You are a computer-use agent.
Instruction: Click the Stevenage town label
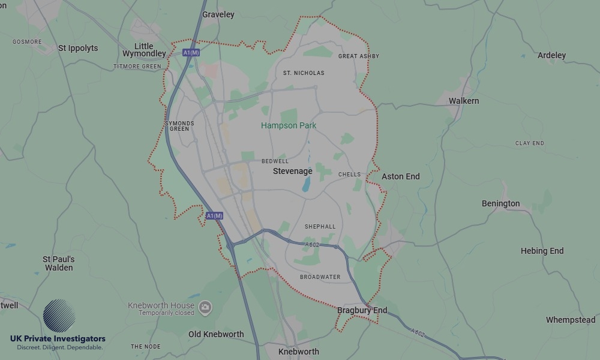[293, 171]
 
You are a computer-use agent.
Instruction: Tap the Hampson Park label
[289, 125]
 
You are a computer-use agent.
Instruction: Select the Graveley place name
[218, 14]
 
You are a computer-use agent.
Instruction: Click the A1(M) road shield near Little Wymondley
[191, 53]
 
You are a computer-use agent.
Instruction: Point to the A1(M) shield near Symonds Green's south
[214, 215]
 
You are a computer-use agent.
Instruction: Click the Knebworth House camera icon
[205, 307]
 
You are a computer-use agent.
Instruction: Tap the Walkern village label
[464, 101]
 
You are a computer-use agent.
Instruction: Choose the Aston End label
[401, 176]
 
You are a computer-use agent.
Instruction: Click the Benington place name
[501, 203]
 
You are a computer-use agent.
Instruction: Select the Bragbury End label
[362, 310]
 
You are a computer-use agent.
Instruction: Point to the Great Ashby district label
[359, 56]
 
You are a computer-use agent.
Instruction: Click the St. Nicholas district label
[304, 73]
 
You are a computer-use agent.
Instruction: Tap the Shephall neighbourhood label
[320, 227]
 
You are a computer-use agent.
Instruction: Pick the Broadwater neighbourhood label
[320, 277]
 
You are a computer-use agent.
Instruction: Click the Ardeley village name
[552, 55]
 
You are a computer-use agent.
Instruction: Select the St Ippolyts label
[78, 48]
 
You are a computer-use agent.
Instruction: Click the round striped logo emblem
[59, 316]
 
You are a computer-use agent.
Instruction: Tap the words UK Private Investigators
[58, 339]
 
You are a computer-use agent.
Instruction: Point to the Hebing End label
[542, 251]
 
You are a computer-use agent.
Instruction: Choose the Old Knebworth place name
[216, 334]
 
